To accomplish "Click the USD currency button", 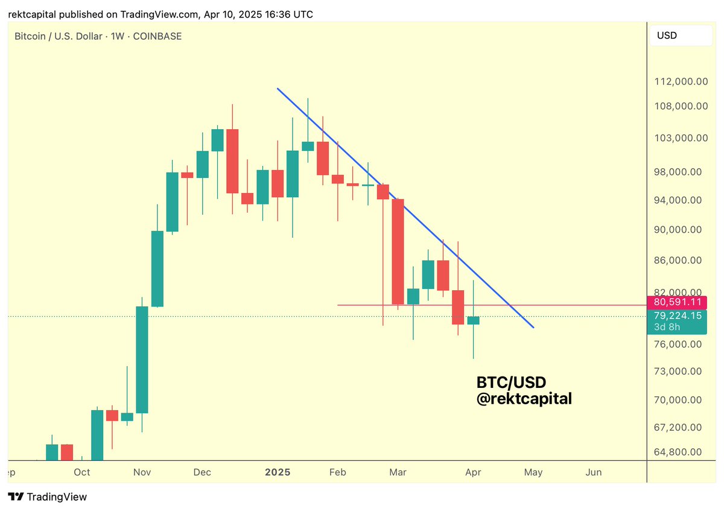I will [x=680, y=36].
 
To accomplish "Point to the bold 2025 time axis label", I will [x=278, y=472].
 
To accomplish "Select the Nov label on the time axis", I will [x=142, y=472].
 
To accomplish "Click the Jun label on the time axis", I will [x=594, y=472].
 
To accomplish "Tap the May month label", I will [x=533, y=472].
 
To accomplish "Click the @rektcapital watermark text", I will [x=524, y=398].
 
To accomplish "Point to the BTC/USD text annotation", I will [x=511, y=382].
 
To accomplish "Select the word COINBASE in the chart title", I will [x=158, y=36].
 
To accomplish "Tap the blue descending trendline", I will [x=422, y=226].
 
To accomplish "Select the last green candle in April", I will [x=473, y=320].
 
